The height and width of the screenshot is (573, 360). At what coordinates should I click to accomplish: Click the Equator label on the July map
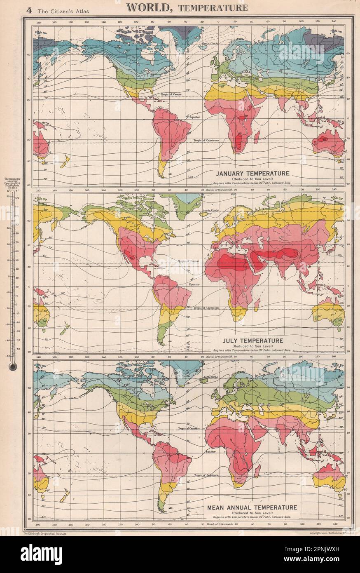click(x=194, y=284)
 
